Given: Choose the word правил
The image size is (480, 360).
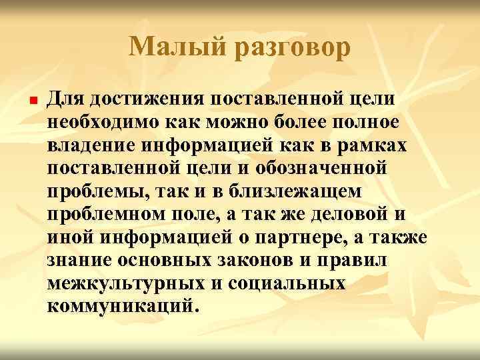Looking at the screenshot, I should point(365,259).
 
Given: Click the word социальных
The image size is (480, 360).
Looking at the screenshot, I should point(287,281).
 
